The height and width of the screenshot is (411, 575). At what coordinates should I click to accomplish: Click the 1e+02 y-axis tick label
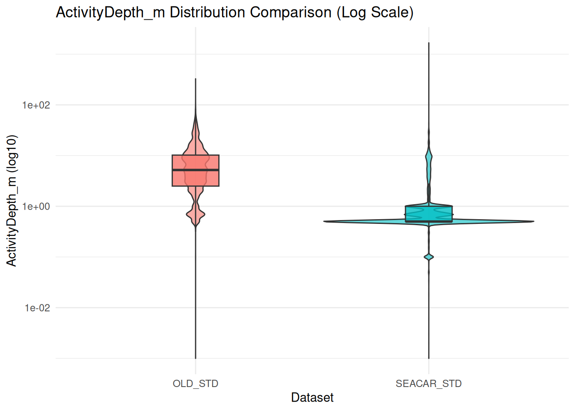click(36, 105)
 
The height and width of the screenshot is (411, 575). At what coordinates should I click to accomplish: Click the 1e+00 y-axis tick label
click(36, 206)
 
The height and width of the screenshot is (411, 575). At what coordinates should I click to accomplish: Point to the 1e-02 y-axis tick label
click(37, 308)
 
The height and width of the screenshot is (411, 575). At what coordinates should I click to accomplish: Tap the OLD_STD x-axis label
click(196, 384)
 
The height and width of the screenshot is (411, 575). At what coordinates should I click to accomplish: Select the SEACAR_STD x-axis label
click(429, 384)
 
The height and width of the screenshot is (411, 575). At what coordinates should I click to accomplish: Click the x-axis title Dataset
click(312, 398)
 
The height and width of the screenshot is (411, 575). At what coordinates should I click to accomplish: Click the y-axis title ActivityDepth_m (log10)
click(12, 200)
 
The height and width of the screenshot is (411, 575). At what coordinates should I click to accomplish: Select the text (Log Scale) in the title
click(375, 12)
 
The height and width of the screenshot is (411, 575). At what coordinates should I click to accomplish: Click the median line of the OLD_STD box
click(196, 170)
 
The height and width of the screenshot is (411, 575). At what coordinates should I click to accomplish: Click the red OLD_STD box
click(180, 178)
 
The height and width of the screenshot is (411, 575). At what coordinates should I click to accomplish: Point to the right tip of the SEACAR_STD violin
click(533, 221)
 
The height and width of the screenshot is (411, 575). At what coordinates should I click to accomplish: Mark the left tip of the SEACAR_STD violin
click(325, 221)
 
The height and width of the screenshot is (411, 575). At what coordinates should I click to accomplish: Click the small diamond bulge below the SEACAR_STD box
click(429, 257)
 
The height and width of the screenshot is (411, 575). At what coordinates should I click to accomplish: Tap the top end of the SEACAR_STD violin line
click(429, 43)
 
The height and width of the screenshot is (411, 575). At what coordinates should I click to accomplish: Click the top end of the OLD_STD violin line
click(196, 79)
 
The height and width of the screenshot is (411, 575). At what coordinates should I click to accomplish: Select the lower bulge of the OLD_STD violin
click(196, 214)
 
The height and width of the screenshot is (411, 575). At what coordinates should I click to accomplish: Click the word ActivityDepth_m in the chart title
click(110, 12)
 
